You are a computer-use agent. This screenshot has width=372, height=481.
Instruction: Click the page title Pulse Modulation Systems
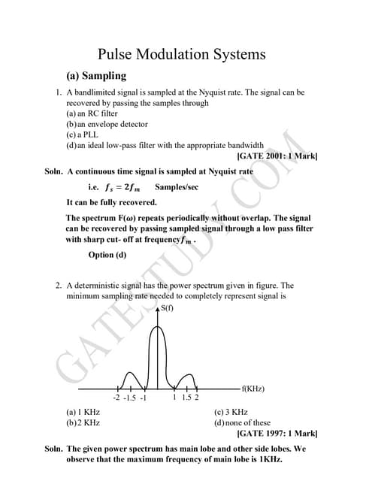click(x=182, y=54)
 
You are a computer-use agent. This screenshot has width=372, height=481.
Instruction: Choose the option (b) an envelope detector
click(x=107, y=124)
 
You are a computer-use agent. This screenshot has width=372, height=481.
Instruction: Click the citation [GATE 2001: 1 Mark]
click(x=277, y=156)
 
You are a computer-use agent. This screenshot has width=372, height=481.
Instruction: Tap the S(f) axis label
click(x=168, y=307)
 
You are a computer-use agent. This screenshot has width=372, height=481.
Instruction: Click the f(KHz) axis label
click(x=253, y=389)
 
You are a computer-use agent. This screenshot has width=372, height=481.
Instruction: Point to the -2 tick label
click(x=116, y=398)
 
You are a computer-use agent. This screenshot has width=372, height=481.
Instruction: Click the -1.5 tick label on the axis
click(x=129, y=398)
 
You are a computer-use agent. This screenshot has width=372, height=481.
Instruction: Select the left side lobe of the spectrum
click(x=131, y=375)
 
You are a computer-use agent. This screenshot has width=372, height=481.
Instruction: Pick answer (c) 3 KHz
click(x=231, y=412)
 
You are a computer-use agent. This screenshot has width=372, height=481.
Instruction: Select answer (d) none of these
click(x=242, y=422)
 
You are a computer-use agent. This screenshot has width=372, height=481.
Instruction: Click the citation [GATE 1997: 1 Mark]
click(x=277, y=434)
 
